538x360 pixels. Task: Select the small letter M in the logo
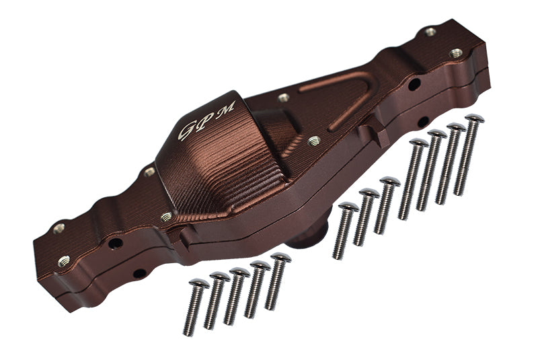pos(227,107)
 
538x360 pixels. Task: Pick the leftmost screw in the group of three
pos(346,229)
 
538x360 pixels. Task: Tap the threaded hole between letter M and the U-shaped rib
pos(284,98)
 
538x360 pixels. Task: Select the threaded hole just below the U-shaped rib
pos(313,141)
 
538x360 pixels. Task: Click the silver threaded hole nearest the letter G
pos(149,171)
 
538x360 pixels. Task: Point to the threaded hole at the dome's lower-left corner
pos(165,217)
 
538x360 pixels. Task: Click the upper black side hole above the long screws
pos(414,84)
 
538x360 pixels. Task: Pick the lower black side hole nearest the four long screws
pos(423,122)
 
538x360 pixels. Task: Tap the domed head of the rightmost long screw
pos(474,120)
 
